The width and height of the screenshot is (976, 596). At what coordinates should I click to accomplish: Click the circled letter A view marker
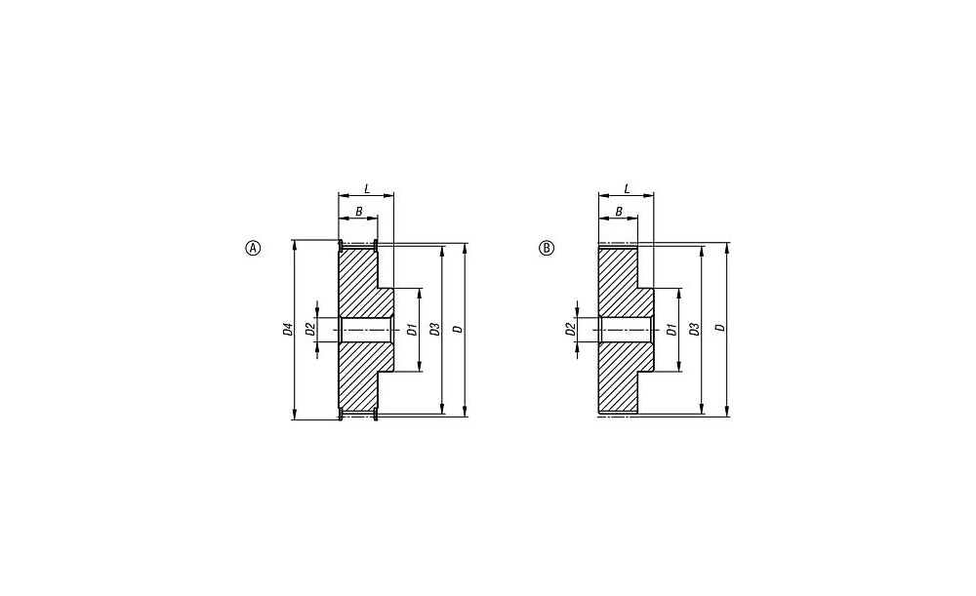[253, 248]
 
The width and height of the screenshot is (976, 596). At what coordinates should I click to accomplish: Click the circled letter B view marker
[546, 248]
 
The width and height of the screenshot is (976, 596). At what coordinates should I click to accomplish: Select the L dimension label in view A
[367, 188]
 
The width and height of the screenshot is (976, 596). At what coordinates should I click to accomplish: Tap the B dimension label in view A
[358, 212]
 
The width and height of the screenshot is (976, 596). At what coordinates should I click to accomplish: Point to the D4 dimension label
[288, 329]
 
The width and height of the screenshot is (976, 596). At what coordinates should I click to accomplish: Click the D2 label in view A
[310, 329]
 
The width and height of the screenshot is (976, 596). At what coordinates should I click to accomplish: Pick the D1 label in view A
[412, 330]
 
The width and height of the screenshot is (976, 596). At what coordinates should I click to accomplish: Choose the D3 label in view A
[435, 329]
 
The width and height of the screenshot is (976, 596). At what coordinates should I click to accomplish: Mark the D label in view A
[458, 329]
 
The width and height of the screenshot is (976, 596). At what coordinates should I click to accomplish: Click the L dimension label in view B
[627, 188]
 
